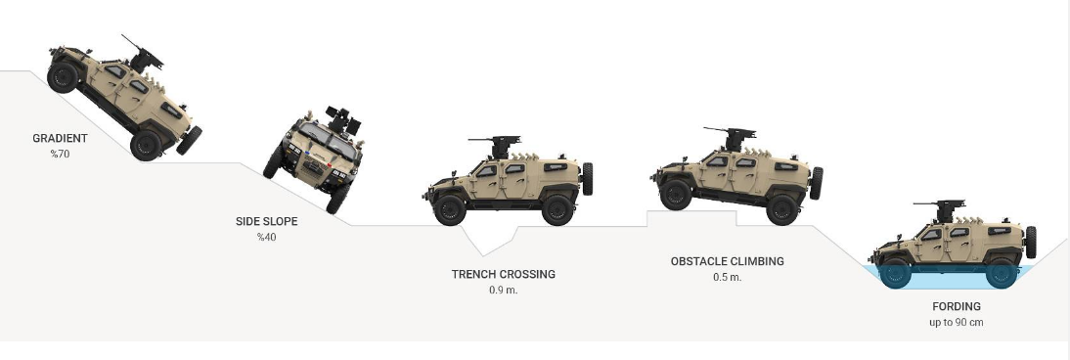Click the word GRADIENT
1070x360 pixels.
coord(60,138)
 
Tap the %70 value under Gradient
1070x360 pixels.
coord(60,154)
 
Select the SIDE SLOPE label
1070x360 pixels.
coord(267,221)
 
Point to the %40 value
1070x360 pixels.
coord(267,237)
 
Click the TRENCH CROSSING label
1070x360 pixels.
coord(504,274)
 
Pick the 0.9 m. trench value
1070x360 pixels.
coord(504,290)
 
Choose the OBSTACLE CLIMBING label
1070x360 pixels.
coord(728,261)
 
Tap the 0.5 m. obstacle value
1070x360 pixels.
coord(728,278)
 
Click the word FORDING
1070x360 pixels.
coord(957,307)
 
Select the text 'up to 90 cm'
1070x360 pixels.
coord(957,323)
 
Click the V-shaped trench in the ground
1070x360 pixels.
coord(488,241)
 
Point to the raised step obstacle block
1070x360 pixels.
coord(691,218)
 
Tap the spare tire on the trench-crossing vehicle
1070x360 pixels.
coord(587,178)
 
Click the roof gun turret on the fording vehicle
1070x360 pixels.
coord(942,209)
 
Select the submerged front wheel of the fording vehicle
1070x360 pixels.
coord(895,273)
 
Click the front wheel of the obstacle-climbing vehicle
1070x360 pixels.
coord(676,194)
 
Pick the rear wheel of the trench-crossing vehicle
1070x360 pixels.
coord(557,209)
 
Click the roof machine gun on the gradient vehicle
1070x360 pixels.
coord(144,53)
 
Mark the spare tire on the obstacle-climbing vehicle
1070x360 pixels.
coord(816,183)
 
